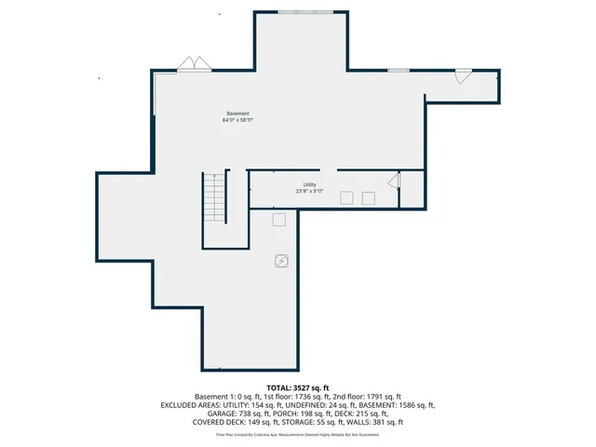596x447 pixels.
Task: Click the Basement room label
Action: point(237,113)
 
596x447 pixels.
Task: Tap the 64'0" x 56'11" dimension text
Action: point(237,120)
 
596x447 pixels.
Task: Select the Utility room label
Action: point(309,184)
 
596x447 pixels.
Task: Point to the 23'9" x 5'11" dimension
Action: point(309,191)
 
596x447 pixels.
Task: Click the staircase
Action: point(215,197)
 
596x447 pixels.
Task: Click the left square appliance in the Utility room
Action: point(346,196)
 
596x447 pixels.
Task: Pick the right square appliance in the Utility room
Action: point(369,196)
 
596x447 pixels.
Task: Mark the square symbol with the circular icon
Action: point(280,261)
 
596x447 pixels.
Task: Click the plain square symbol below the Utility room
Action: point(278,219)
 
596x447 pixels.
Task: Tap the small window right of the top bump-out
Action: point(399,70)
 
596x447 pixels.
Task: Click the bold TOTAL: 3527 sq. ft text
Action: point(298,386)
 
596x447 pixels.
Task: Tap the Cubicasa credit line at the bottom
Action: point(298,434)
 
